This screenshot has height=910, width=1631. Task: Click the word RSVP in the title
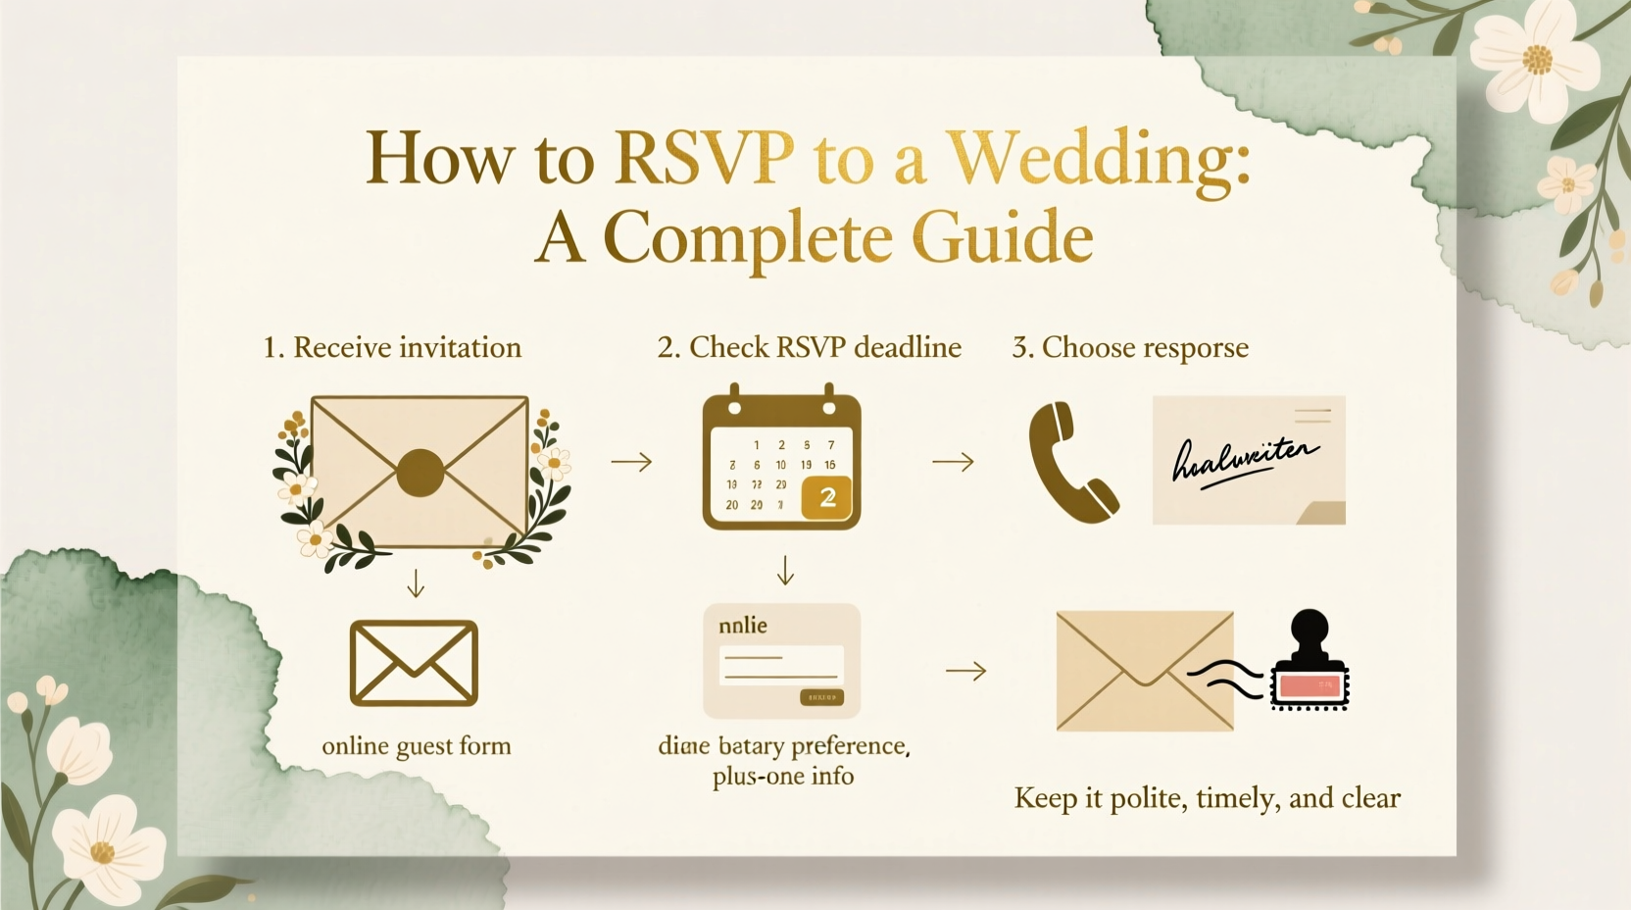click(x=703, y=157)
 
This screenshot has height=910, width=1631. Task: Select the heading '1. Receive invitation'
click(x=392, y=347)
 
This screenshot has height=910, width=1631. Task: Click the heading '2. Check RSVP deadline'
click(x=809, y=347)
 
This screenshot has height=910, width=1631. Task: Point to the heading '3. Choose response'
click(x=1130, y=347)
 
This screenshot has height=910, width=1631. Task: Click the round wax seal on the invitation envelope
click(x=420, y=473)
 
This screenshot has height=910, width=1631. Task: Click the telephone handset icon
click(x=1071, y=462)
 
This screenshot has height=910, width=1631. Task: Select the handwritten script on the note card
click(x=1245, y=459)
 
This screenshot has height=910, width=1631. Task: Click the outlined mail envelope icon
click(x=414, y=663)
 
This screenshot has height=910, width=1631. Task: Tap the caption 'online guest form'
click(x=417, y=746)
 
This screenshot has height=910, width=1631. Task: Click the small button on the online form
click(x=821, y=697)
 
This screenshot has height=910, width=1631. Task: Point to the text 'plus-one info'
click(x=783, y=777)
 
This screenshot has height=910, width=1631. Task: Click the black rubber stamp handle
click(x=1310, y=636)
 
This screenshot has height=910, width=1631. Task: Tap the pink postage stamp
click(x=1310, y=685)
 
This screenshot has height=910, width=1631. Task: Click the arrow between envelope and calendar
click(x=631, y=462)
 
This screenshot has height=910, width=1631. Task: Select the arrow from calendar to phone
click(x=953, y=462)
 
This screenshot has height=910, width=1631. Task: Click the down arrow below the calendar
click(x=784, y=571)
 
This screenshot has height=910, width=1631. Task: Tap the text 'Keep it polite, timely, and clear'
click(x=1207, y=798)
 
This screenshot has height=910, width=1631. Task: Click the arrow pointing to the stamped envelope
click(x=965, y=672)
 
